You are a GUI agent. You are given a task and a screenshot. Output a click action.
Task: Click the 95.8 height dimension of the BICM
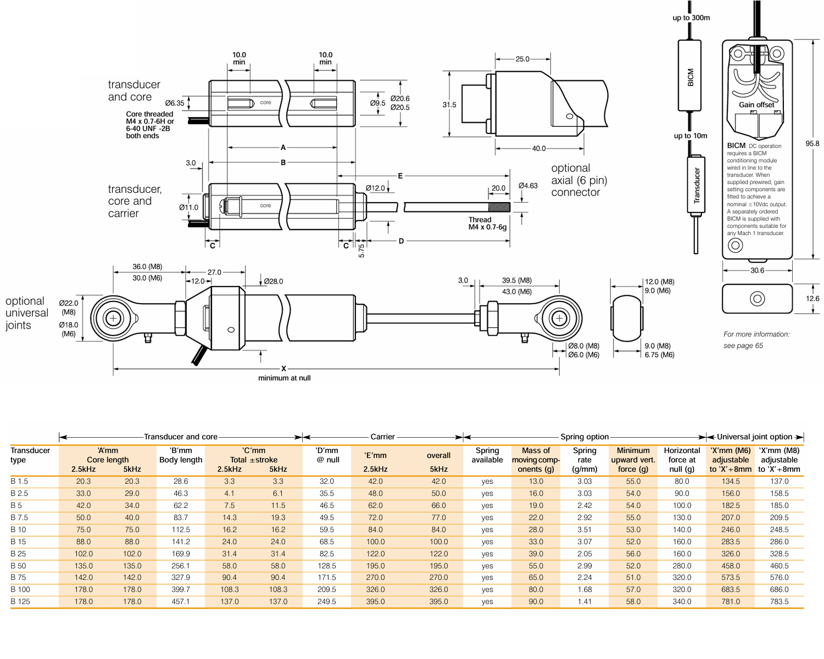click(x=812, y=144)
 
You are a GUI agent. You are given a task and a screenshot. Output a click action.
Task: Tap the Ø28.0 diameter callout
click(x=273, y=282)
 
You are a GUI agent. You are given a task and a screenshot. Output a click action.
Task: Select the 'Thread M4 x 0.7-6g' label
click(x=487, y=224)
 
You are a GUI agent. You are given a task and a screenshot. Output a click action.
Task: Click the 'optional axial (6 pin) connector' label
click(x=578, y=180)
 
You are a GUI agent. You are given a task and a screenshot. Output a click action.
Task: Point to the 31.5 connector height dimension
click(x=449, y=105)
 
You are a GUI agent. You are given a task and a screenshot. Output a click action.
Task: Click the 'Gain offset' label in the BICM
click(x=756, y=105)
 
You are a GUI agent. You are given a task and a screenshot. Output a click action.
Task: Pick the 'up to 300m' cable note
click(x=691, y=18)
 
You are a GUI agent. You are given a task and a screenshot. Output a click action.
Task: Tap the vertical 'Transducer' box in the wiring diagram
click(x=696, y=185)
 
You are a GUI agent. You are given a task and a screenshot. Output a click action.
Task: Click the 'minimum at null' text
click(x=284, y=378)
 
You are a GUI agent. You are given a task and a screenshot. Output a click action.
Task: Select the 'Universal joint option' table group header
click(x=754, y=437)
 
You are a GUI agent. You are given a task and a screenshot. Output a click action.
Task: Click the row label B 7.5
click(x=19, y=517)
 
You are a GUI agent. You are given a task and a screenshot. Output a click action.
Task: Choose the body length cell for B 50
click(x=181, y=566)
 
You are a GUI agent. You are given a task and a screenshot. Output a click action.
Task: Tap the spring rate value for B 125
click(x=584, y=601)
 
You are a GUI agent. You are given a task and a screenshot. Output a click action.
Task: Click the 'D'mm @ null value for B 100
click(x=327, y=589)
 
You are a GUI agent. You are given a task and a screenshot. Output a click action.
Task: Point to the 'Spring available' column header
click(x=487, y=455)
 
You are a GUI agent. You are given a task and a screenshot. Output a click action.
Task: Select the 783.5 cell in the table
click(x=779, y=601)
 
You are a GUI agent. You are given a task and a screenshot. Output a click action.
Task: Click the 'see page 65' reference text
click(x=743, y=345)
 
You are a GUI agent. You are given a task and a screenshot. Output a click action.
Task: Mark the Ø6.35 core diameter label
click(x=175, y=103)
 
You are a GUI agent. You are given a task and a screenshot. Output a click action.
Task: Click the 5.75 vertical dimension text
click(x=361, y=251)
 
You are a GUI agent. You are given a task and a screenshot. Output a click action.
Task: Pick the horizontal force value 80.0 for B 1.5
click(x=682, y=481)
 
